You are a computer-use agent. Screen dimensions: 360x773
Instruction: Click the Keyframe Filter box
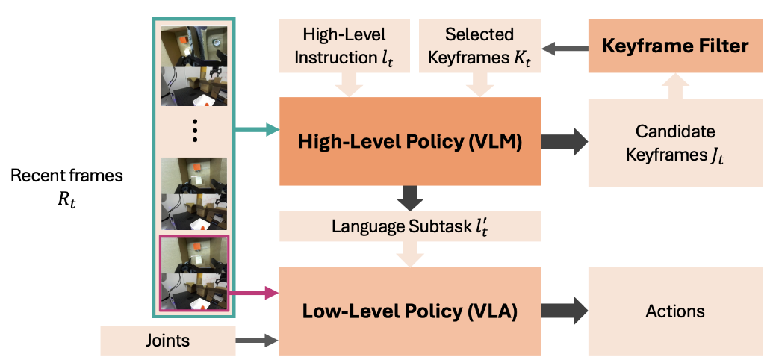675,46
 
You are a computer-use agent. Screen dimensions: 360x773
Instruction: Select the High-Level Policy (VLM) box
409,141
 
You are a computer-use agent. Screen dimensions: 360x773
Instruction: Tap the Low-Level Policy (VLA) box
409,311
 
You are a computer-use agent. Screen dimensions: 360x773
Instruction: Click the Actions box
675,311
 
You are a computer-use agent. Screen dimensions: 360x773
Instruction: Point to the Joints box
167,341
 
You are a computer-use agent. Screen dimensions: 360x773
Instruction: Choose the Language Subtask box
409,225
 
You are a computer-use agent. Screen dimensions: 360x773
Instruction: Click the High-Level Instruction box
344,46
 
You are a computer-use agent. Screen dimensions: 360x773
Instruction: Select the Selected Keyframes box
479,46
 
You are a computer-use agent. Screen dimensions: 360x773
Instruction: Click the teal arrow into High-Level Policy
256,131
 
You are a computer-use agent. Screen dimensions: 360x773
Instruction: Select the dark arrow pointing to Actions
564,311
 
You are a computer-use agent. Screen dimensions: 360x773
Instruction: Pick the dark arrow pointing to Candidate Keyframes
564,142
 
